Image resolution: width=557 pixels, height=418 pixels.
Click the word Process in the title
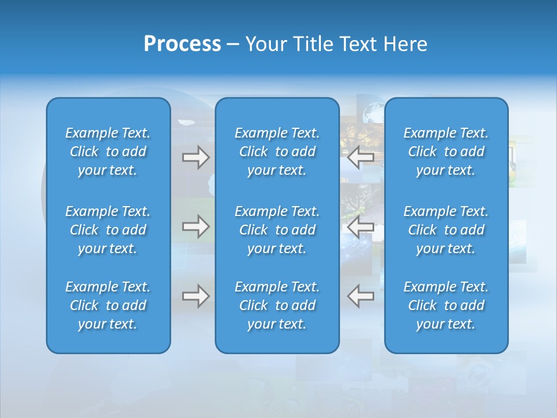point(182,44)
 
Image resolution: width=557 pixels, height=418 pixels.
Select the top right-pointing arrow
point(196,157)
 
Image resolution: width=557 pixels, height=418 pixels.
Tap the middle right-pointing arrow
point(196,226)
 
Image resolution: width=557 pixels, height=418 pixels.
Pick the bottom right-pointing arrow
point(196,296)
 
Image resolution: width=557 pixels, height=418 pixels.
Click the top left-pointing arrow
point(361,157)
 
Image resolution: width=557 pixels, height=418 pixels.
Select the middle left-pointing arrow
point(361,226)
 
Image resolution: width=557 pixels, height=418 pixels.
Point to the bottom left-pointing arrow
point(361,296)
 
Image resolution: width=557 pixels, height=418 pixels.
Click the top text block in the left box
point(108,152)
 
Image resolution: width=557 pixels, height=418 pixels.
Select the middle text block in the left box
point(108,230)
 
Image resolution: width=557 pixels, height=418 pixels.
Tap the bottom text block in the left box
point(108,305)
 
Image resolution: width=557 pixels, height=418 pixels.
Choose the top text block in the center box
point(277,152)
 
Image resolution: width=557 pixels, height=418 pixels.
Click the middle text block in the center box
point(277,230)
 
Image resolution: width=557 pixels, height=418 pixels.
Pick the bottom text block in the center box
point(277,305)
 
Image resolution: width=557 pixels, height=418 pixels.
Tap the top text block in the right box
point(446,152)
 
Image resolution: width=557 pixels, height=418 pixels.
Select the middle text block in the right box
point(446,230)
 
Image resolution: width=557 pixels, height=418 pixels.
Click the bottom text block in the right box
point(446,305)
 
